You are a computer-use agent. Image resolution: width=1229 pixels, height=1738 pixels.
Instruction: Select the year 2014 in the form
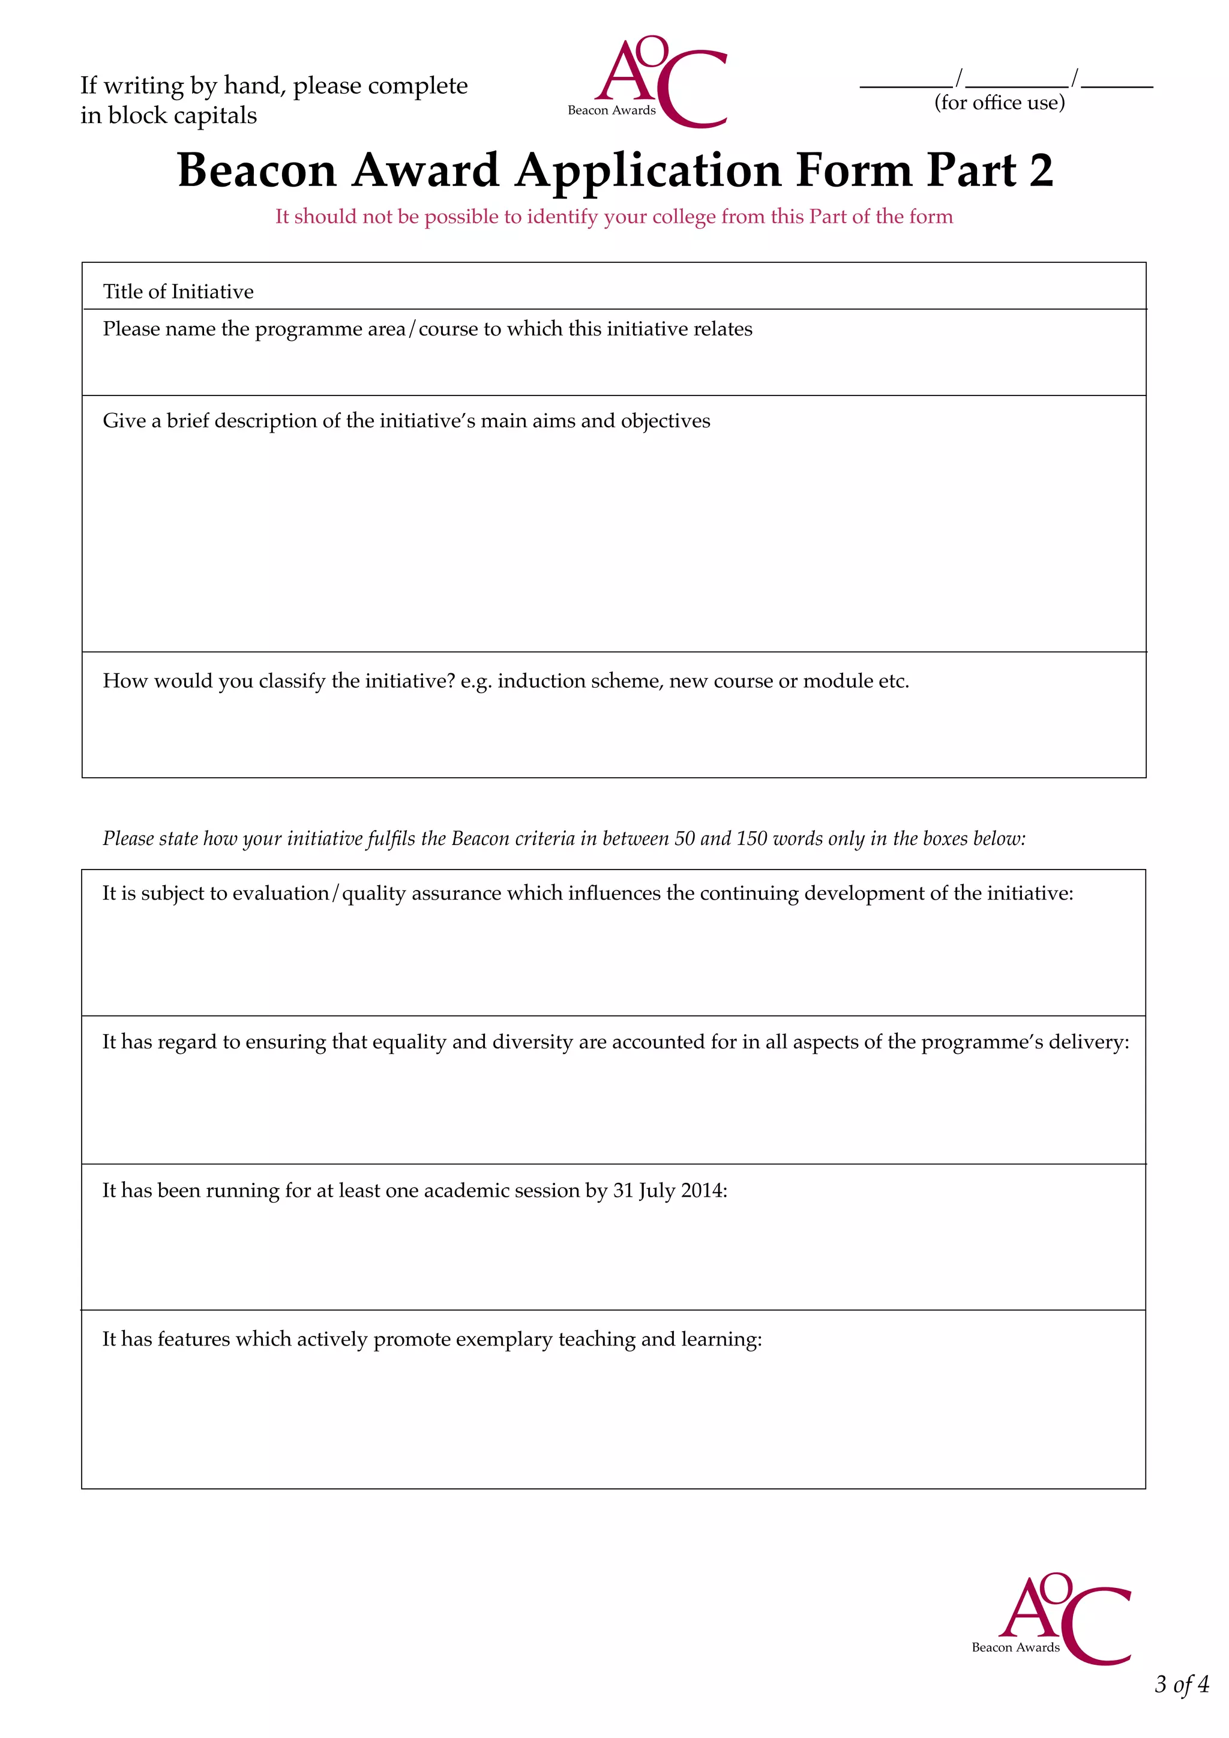(702, 1191)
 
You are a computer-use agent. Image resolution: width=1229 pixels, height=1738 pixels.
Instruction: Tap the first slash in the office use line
(959, 78)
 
